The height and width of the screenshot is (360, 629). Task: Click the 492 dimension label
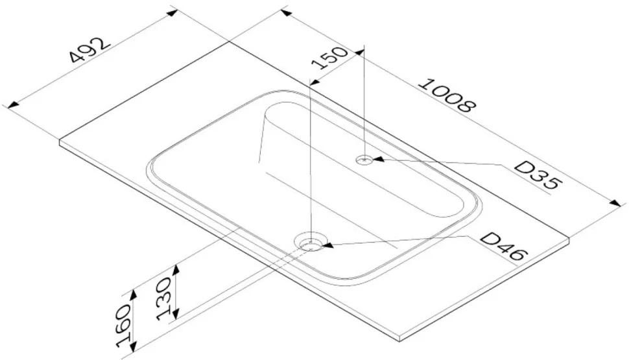pos(89,50)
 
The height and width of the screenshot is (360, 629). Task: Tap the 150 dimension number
pos(329,58)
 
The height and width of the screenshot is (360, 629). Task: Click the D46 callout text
pos(503,246)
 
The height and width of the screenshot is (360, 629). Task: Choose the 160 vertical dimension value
pos(124,325)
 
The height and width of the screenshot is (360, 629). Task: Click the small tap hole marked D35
pos(364,160)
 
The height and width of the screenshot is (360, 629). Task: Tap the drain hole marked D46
pos(311,242)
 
